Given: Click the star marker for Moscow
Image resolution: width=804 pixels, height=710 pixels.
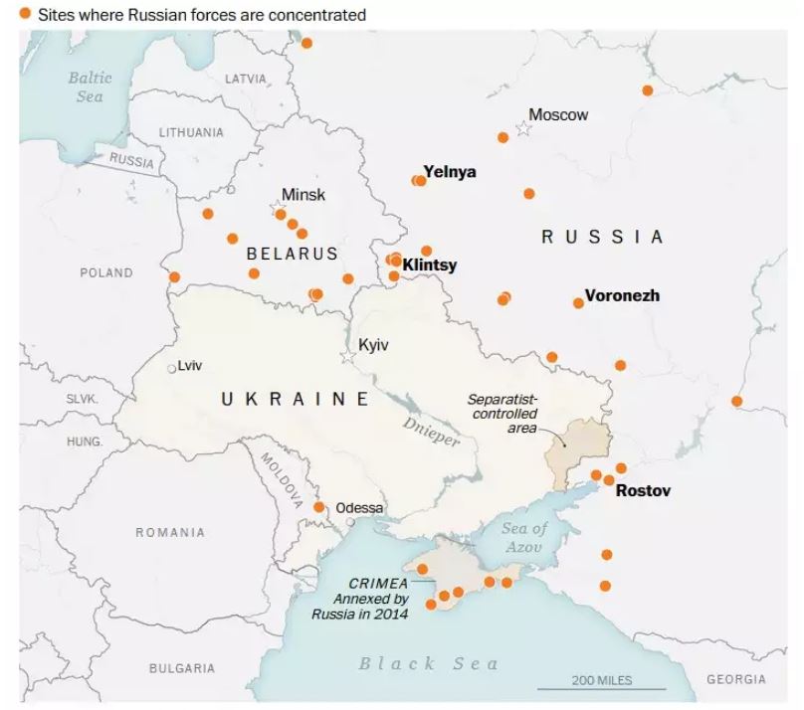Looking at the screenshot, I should click(x=523, y=130).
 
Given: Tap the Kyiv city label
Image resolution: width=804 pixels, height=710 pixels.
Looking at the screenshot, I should click(x=372, y=344).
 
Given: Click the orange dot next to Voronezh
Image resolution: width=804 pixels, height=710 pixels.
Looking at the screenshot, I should click(x=578, y=302).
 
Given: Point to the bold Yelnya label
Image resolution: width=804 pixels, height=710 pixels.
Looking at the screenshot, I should click(x=450, y=172).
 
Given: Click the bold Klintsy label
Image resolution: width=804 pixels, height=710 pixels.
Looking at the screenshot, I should click(x=430, y=266).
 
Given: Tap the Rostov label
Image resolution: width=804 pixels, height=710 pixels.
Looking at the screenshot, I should click(x=643, y=490).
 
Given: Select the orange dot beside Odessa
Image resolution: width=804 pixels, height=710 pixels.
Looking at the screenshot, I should click(x=318, y=507).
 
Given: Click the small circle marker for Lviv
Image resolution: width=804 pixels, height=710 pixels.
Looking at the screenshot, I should click(x=171, y=368).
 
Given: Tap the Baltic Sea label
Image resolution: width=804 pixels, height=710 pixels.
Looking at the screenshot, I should click(x=89, y=87).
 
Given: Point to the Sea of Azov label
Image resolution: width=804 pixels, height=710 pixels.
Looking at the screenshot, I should click(x=524, y=537).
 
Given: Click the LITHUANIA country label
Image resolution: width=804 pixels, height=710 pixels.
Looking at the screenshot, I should click(x=191, y=132).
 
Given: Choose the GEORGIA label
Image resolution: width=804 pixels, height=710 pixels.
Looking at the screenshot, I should click(x=735, y=679).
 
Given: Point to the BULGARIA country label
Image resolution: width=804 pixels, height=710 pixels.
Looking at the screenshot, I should click(x=182, y=668).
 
